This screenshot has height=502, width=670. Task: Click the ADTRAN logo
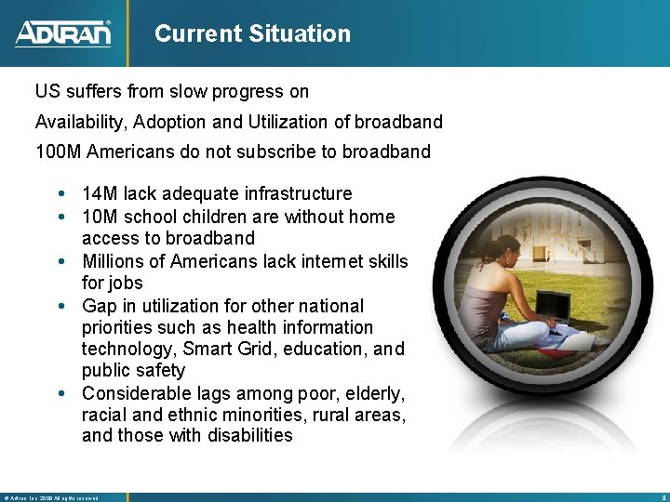click(x=62, y=33)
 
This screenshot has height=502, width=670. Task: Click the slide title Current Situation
click(x=252, y=34)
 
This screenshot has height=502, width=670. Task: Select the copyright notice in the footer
click(x=51, y=497)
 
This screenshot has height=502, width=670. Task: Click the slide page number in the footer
click(x=660, y=497)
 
